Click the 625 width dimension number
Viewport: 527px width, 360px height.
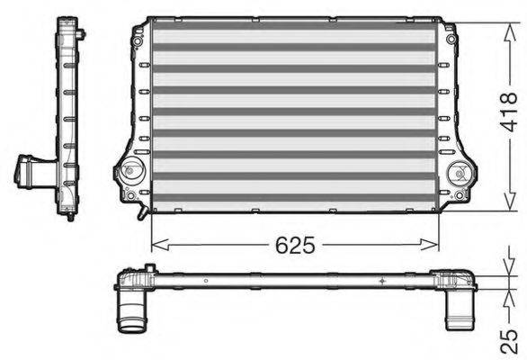tap(295, 245)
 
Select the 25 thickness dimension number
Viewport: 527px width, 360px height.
tap(509, 338)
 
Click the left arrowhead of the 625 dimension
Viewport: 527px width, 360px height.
tap(154, 244)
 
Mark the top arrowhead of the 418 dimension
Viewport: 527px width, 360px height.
tap(494, 20)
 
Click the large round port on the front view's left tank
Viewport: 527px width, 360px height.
tap(132, 169)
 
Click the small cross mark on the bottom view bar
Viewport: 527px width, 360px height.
tap(382, 282)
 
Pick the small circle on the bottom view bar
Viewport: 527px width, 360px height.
tap(206, 281)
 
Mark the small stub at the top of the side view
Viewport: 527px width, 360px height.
tap(81, 34)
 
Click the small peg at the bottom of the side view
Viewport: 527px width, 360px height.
tap(68, 215)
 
